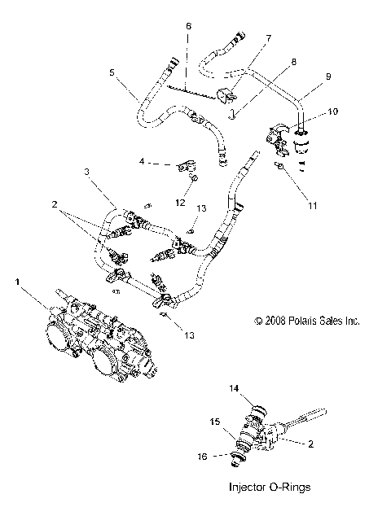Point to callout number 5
[x=112, y=72]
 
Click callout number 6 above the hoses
[x=188, y=27]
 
